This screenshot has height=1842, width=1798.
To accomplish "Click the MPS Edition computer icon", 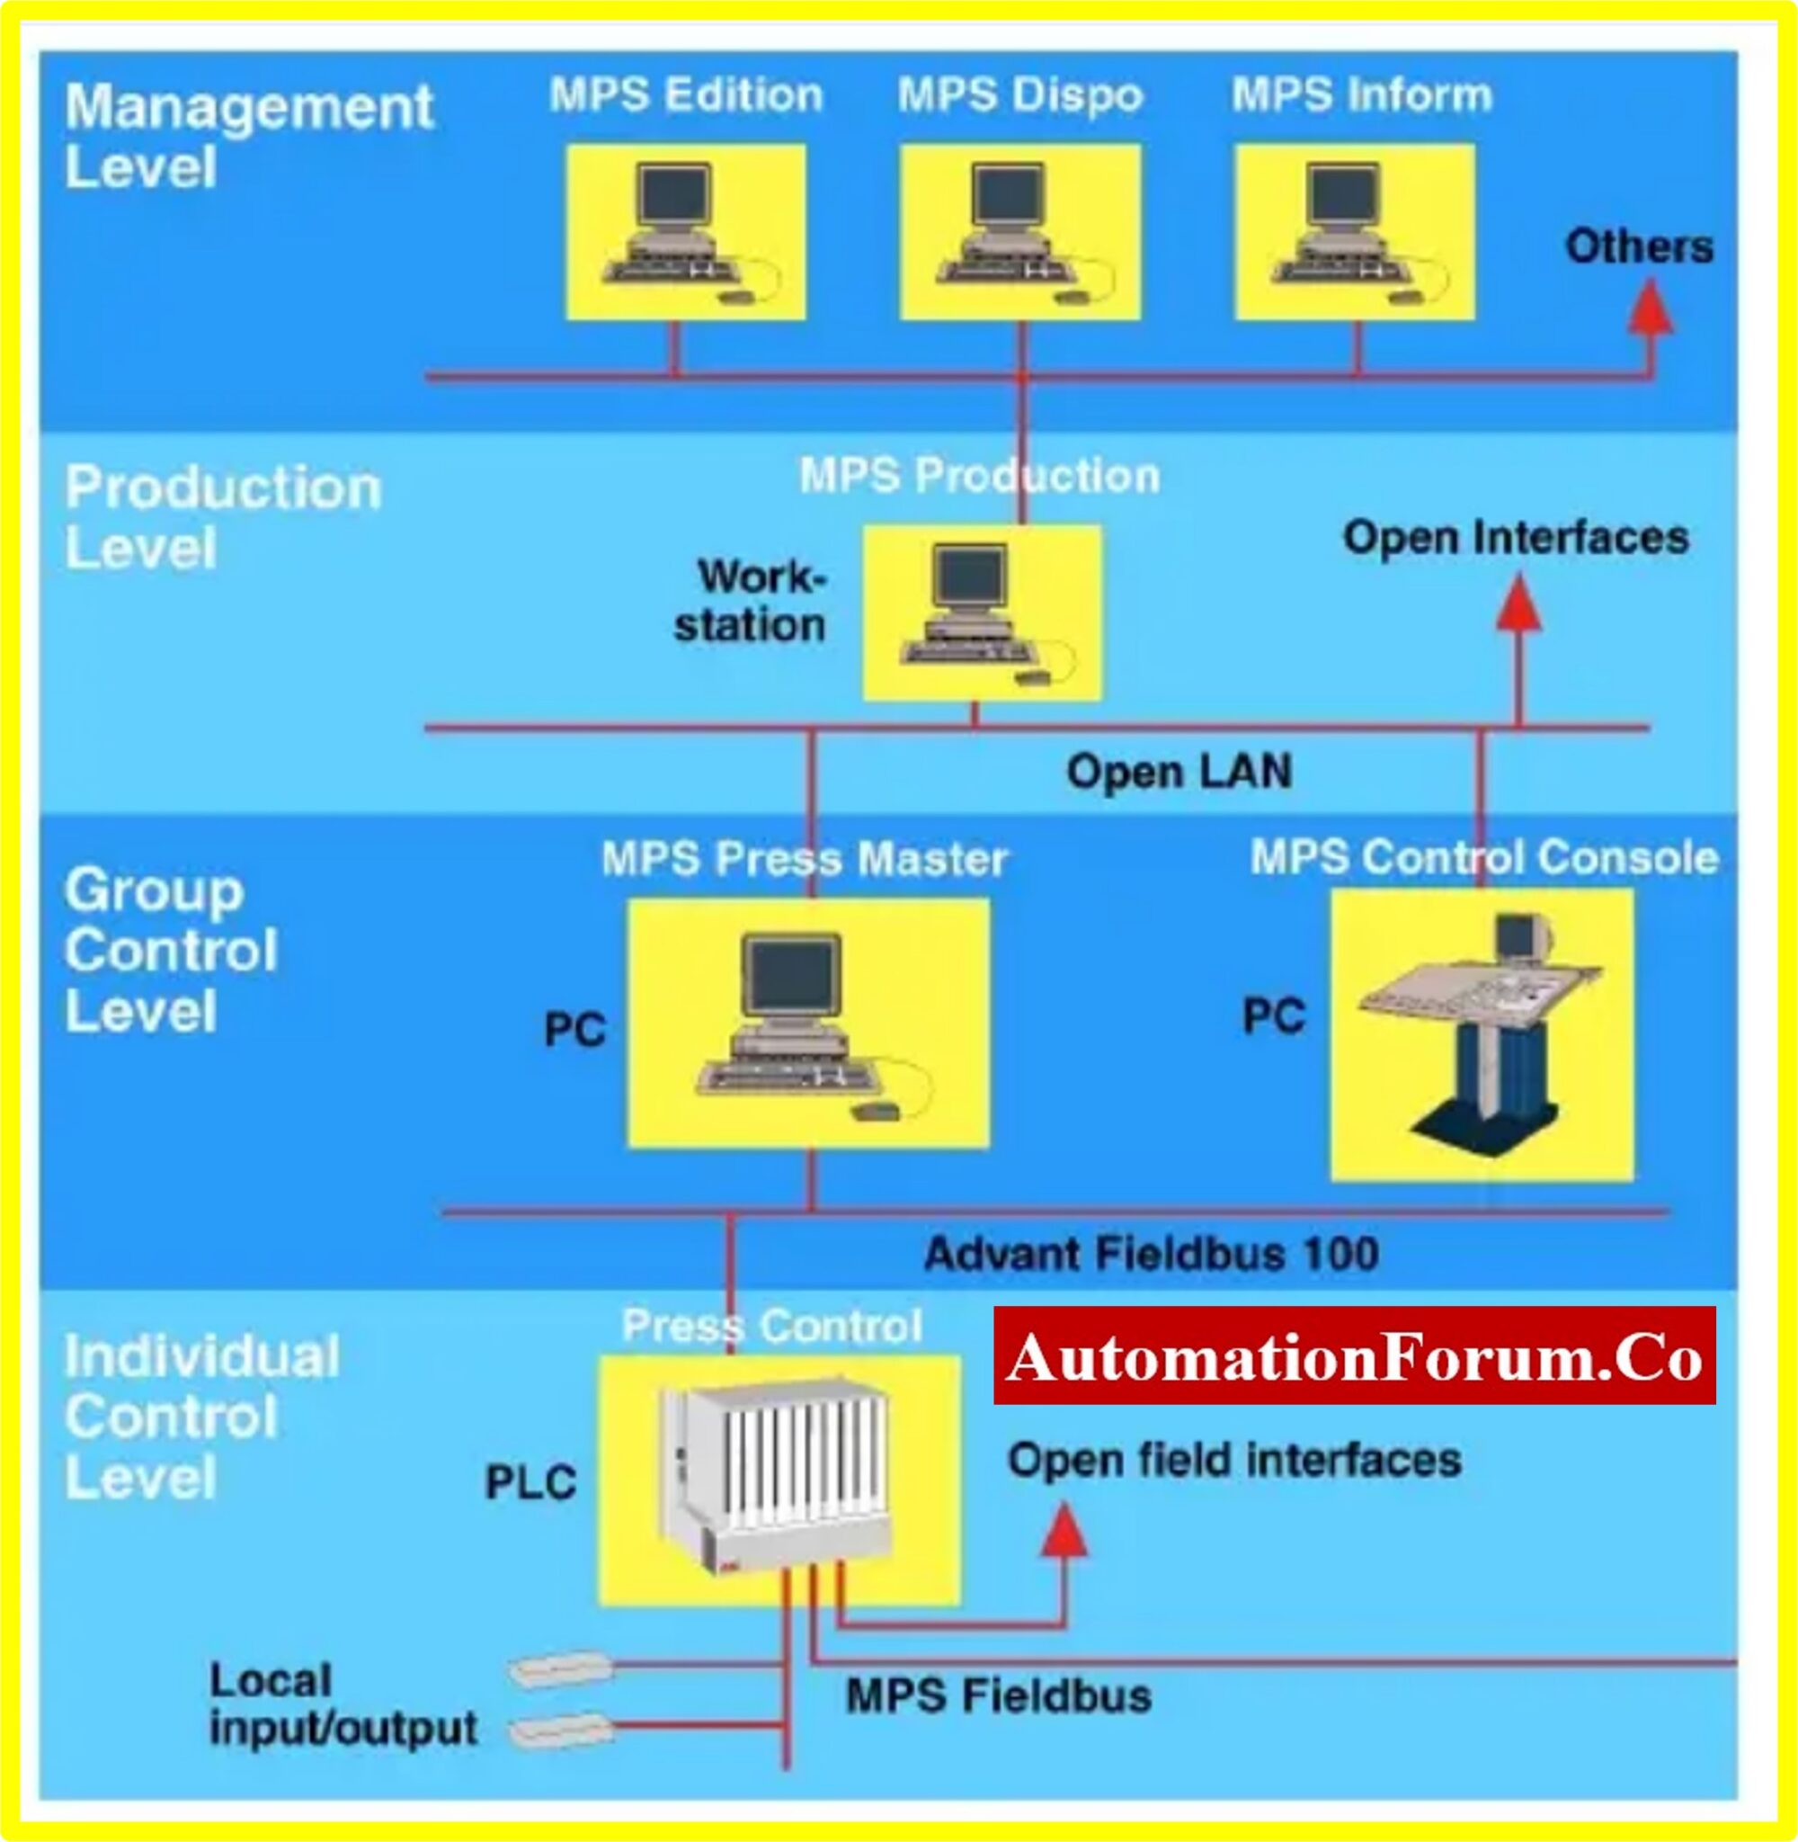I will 687,232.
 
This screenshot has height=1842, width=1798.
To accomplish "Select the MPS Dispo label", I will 1019,95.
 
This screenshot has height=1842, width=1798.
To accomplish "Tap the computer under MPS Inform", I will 1355,232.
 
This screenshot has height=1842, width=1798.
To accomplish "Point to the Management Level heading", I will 247,136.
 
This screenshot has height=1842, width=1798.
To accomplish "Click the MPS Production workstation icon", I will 982,614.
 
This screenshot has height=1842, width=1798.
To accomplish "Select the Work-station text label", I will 751,601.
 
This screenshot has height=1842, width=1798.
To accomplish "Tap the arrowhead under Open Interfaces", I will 1518,604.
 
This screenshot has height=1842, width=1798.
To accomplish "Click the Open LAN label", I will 1179,772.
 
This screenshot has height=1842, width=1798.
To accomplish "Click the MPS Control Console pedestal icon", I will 1482,1034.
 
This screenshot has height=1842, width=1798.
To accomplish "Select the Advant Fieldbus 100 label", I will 1151,1255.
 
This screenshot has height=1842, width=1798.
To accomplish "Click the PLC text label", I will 530,1482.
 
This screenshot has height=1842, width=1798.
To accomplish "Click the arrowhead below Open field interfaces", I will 1064,1531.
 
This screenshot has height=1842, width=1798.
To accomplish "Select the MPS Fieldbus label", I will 998,1695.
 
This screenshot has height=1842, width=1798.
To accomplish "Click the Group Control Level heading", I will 171,951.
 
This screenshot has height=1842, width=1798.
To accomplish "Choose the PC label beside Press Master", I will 574,1030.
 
